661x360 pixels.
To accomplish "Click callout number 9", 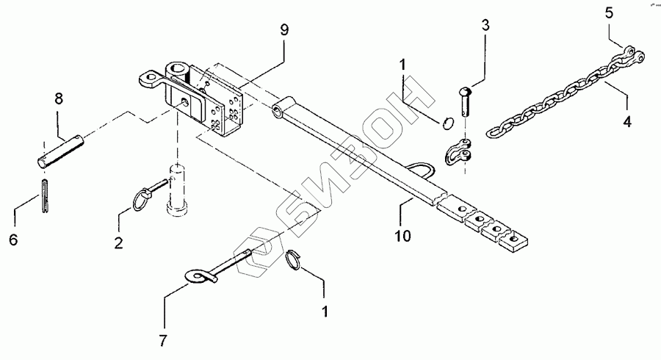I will [283, 30].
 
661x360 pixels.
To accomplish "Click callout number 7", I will [164, 340].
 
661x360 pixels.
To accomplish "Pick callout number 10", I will [402, 236].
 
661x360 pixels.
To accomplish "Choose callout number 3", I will [485, 26].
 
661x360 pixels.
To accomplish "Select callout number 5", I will [608, 12].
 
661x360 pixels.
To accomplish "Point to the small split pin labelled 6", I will [45, 197].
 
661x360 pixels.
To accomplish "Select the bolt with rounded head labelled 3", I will [466, 103].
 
